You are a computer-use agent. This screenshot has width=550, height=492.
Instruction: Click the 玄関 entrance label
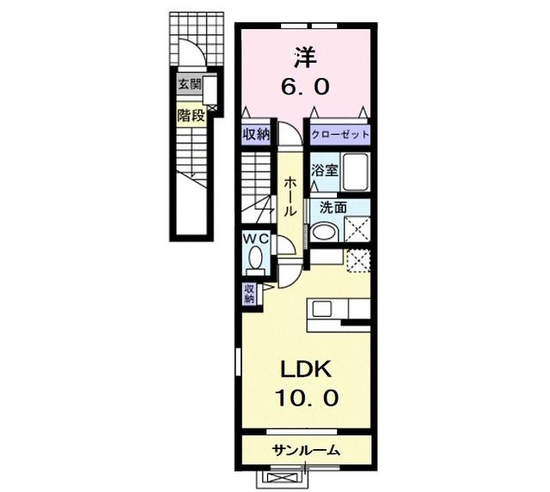(x=190, y=84)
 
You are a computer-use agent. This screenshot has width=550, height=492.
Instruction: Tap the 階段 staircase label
(x=191, y=115)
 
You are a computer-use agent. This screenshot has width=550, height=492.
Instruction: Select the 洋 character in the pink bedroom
(x=305, y=58)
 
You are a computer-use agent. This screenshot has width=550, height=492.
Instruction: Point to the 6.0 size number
(x=305, y=87)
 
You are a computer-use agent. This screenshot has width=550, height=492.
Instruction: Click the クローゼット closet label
(x=340, y=135)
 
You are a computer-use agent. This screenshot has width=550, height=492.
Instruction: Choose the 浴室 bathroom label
(x=325, y=171)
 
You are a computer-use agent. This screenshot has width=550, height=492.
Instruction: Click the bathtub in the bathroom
(x=355, y=172)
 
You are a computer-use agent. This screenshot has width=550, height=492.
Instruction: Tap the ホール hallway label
(x=290, y=196)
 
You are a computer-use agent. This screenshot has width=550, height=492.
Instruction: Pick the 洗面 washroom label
(x=333, y=208)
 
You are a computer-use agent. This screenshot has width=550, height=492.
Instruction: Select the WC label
(x=256, y=239)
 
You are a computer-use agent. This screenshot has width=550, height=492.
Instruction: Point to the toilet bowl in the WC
(x=255, y=258)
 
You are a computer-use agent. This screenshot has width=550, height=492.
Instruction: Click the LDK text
(x=306, y=369)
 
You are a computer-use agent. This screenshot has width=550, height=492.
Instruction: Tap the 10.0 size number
(x=307, y=398)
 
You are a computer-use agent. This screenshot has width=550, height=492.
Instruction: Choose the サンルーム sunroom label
(x=307, y=450)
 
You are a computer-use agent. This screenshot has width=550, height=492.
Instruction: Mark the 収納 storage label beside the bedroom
(x=256, y=135)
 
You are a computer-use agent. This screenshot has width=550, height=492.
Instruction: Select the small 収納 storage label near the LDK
(x=249, y=294)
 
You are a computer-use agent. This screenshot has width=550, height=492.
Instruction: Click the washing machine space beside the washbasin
(x=357, y=229)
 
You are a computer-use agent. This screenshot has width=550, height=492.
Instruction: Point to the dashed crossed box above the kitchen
(x=358, y=260)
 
